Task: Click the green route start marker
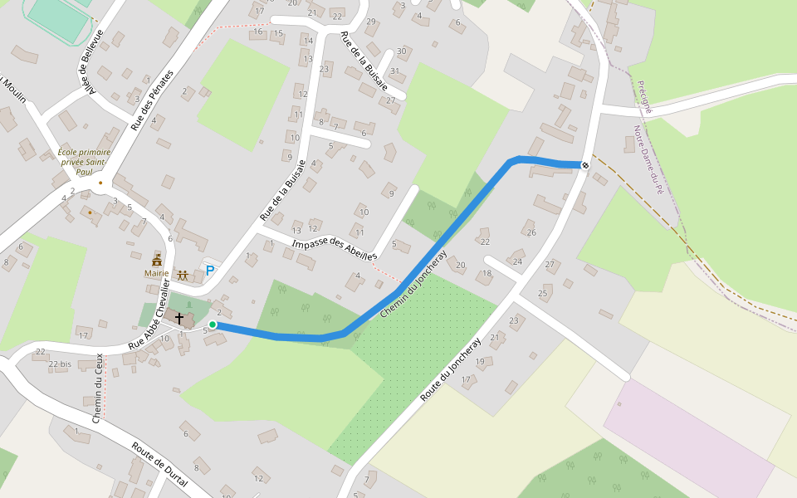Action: coord(213,325)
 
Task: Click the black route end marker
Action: coord(585,165)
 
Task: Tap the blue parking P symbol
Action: coord(209,271)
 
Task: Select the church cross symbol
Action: coord(178,318)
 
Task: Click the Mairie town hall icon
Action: coord(156,261)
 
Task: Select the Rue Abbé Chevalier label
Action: coord(149,316)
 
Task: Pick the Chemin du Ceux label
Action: coord(97,388)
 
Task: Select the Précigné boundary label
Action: coord(645,97)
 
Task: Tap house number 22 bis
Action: coord(59,364)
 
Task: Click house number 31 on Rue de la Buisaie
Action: coord(394,71)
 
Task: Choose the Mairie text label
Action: coord(156,273)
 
